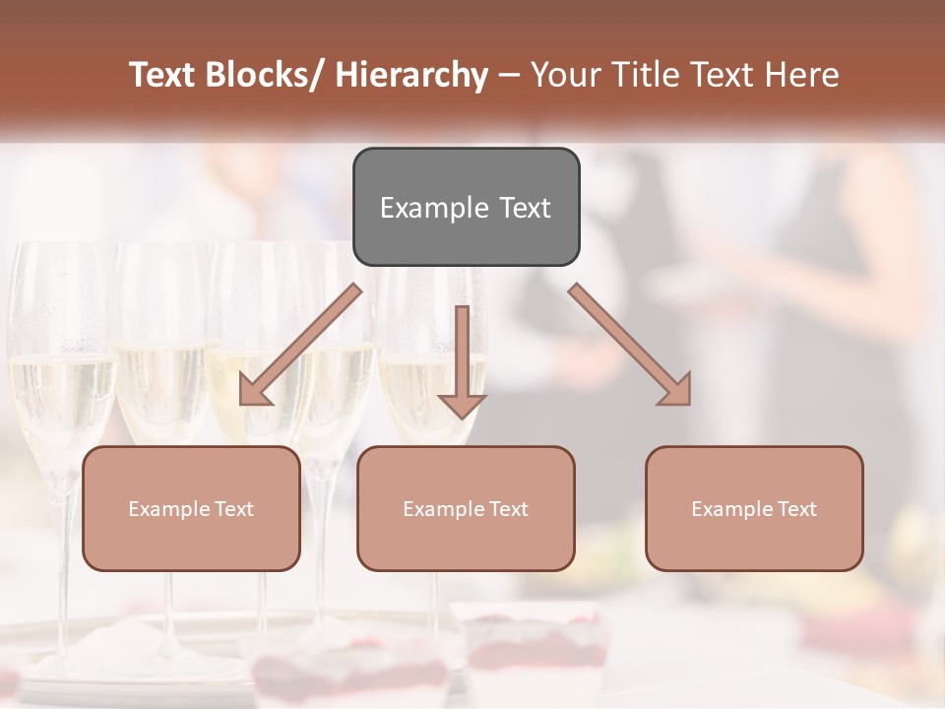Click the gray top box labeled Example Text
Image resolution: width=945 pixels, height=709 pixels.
click(466, 207)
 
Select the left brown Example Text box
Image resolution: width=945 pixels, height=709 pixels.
click(191, 508)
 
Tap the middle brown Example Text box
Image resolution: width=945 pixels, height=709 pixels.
click(466, 508)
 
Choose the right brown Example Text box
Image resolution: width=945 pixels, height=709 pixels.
click(754, 508)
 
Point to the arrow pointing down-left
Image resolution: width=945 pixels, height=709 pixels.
click(300, 345)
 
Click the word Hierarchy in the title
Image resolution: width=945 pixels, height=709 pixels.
click(411, 75)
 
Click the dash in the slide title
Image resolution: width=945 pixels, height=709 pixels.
click(509, 75)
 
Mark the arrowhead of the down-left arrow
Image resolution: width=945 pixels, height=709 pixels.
click(254, 390)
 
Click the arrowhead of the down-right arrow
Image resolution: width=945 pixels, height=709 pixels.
click(675, 390)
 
